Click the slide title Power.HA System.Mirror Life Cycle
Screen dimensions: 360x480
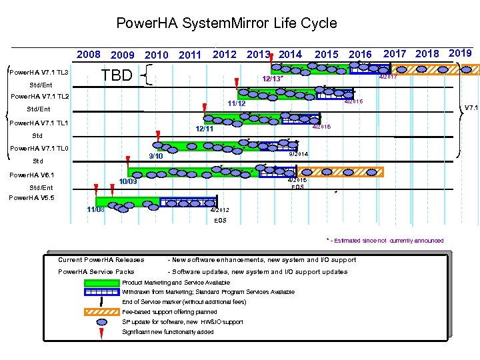[x=227, y=23]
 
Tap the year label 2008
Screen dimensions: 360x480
[x=89, y=55]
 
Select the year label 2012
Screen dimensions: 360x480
[x=224, y=55]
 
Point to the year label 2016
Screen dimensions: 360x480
[x=361, y=55]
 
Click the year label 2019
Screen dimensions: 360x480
[x=461, y=53]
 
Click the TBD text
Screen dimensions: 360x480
[x=117, y=75]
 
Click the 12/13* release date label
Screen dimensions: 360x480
[x=272, y=79]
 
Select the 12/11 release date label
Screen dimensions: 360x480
[x=204, y=129]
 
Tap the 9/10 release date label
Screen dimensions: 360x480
[x=156, y=156]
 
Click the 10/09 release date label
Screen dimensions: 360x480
[x=128, y=181]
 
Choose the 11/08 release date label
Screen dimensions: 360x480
[x=95, y=210]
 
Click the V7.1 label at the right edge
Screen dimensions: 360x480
[x=471, y=107]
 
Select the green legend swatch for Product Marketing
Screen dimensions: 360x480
[x=101, y=283]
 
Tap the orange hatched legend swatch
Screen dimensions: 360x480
[x=101, y=312]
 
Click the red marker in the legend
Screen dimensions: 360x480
[x=101, y=332]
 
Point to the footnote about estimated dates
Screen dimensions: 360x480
[x=385, y=241]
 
